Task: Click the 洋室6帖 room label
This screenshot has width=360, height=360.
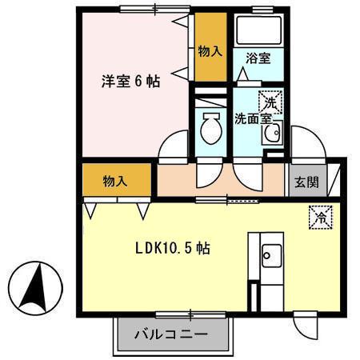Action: (130, 80)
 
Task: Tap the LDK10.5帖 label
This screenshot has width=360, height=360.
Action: (171, 249)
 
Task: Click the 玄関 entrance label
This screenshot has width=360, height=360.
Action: (306, 182)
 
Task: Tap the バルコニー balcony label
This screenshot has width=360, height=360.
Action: (170, 334)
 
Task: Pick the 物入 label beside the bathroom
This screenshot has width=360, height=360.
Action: (210, 51)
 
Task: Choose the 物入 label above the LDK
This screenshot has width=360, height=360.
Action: (114, 181)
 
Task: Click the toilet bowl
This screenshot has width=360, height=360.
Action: (211, 127)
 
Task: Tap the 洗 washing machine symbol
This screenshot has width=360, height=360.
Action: (271, 102)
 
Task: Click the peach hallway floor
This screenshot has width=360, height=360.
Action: (220, 181)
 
